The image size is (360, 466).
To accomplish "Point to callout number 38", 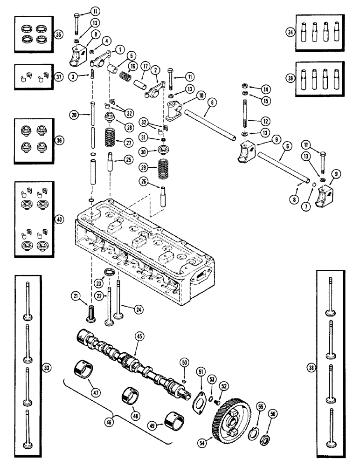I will tap(312, 367).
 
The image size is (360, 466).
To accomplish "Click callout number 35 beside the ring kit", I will tap(58, 34).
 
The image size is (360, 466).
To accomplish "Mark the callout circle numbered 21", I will tap(75, 295).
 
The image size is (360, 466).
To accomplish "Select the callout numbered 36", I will tap(60, 140).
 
